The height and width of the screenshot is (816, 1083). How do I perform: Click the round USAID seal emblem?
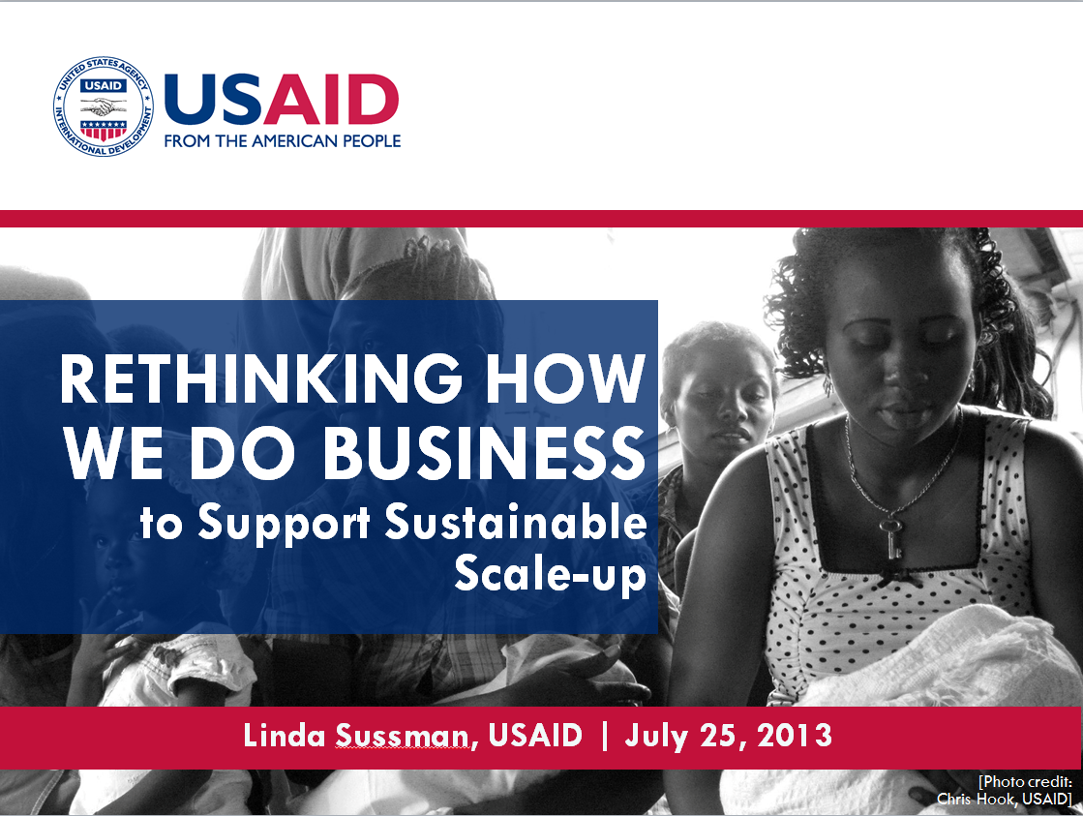pyautogui.click(x=104, y=106)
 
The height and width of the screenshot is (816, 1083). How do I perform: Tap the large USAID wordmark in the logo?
pyautogui.click(x=282, y=100)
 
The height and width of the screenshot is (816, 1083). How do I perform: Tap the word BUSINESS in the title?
pyautogui.click(x=484, y=453)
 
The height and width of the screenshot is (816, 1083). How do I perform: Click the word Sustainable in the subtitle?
pyautogui.click(x=515, y=522)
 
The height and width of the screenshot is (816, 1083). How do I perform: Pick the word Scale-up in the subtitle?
pyautogui.click(x=550, y=573)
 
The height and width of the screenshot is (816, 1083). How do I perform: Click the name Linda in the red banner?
pyautogui.click(x=284, y=735)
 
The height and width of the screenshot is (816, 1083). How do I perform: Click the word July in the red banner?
pyautogui.click(x=655, y=737)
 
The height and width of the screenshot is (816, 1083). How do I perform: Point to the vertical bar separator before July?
pyautogui.click(x=605, y=735)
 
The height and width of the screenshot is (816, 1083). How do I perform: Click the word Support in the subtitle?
pyautogui.click(x=284, y=523)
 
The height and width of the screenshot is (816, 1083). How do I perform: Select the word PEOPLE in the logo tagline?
pyautogui.click(x=373, y=141)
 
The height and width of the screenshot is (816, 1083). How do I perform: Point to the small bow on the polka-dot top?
pyautogui.click(x=898, y=578)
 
